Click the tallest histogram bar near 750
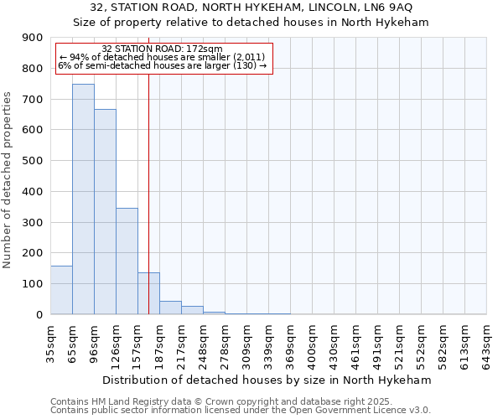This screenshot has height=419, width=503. [x=83, y=199]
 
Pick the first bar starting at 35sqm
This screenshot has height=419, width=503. [x=61, y=290]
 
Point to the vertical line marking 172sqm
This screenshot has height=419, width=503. [x=148, y=168]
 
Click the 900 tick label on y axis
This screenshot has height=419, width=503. [x=33, y=38]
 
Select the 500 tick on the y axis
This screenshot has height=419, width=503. [x=33, y=161]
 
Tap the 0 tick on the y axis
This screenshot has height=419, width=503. [x=39, y=315]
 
